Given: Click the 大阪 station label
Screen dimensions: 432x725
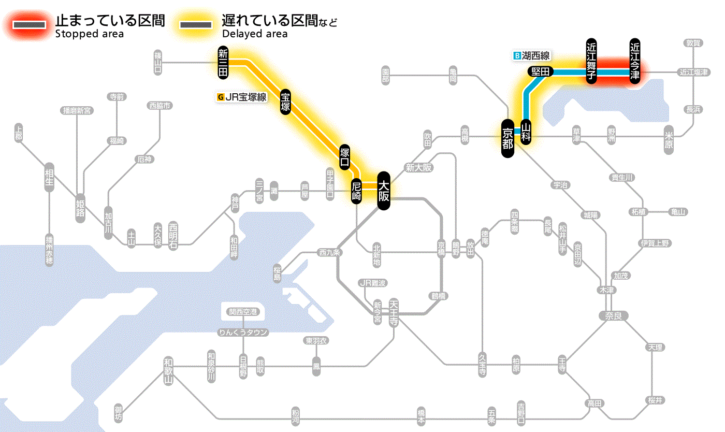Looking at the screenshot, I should (383, 191).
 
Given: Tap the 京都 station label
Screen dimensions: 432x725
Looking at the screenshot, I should (508, 138).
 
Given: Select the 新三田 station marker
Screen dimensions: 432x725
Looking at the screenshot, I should (223, 63).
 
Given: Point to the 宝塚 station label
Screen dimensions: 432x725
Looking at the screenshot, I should (285, 102).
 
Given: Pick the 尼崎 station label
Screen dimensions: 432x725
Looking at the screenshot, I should (356, 191).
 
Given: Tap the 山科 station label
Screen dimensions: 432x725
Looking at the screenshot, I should (526, 132).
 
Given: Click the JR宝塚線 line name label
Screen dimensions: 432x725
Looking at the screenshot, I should (242, 97).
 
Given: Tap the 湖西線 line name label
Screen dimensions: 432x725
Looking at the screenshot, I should (532, 55).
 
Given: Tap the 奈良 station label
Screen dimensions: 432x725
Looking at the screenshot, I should (613, 315).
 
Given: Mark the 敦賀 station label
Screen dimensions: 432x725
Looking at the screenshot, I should (694, 44).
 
